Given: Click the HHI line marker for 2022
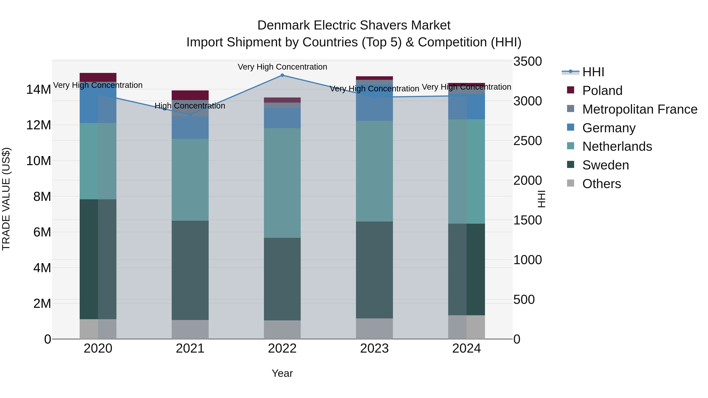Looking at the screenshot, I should (282, 75).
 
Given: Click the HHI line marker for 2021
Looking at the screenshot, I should (190, 115).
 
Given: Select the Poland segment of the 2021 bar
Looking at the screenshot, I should (190, 95).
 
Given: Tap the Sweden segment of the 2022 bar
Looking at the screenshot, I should (282, 279).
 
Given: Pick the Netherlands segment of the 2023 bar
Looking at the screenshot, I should (374, 171).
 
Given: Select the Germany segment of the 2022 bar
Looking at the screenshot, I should (282, 118).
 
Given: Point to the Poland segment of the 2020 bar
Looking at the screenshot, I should (98, 77).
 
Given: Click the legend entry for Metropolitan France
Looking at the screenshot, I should (639, 109).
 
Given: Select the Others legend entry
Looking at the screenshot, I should (601, 184).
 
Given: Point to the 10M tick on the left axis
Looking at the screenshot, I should (39, 161).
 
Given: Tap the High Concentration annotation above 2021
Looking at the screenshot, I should (190, 106).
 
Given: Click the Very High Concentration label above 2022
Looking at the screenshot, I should (282, 67).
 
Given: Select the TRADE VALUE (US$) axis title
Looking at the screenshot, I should (6, 199).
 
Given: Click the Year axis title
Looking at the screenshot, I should (282, 373).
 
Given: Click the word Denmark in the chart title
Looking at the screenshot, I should (283, 25).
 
